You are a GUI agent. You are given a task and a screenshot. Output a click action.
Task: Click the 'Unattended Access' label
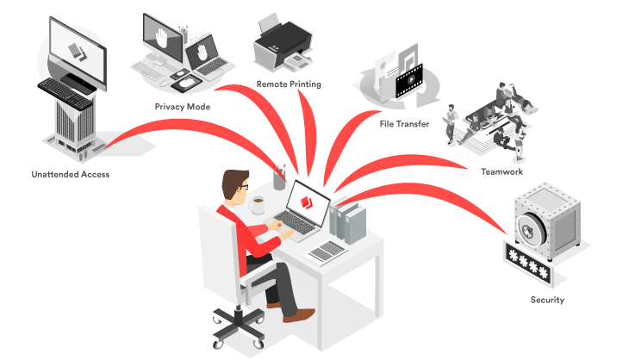pyautogui.click(x=70, y=174)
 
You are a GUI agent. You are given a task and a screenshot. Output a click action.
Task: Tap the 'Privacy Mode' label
pyautogui.click(x=183, y=107)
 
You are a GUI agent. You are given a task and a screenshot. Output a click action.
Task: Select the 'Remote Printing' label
pyautogui.click(x=289, y=84)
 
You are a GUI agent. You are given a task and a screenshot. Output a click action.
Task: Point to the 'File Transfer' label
pyautogui.click(x=404, y=124)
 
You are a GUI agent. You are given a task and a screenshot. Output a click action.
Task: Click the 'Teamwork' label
pyautogui.click(x=501, y=172)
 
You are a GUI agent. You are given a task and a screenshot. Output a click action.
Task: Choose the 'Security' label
pyautogui.click(x=547, y=300)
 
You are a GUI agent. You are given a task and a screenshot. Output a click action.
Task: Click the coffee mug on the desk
pyautogui.click(x=257, y=205)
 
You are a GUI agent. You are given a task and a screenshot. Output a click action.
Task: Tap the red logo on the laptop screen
pyautogui.click(x=307, y=202)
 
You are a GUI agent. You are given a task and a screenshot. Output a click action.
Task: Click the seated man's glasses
pyautogui.click(x=244, y=186)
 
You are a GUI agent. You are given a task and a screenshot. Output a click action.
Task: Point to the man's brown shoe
pyautogui.click(x=298, y=315)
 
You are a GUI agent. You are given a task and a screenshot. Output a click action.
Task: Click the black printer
pyautogui.click(x=283, y=43)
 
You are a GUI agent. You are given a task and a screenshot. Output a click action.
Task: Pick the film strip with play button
pyautogui.click(x=409, y=81)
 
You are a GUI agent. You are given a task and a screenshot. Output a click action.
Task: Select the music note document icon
pyautogui.click(x=408, y=57)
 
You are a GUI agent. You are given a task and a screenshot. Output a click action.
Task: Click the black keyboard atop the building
pyautogui.click(x=65, y=93)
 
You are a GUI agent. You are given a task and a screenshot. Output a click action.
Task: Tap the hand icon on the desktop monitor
pyautogui.click(x=162, y=39)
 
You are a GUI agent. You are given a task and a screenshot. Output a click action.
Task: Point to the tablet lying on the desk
pyautogui.click(x=327, y=251)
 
